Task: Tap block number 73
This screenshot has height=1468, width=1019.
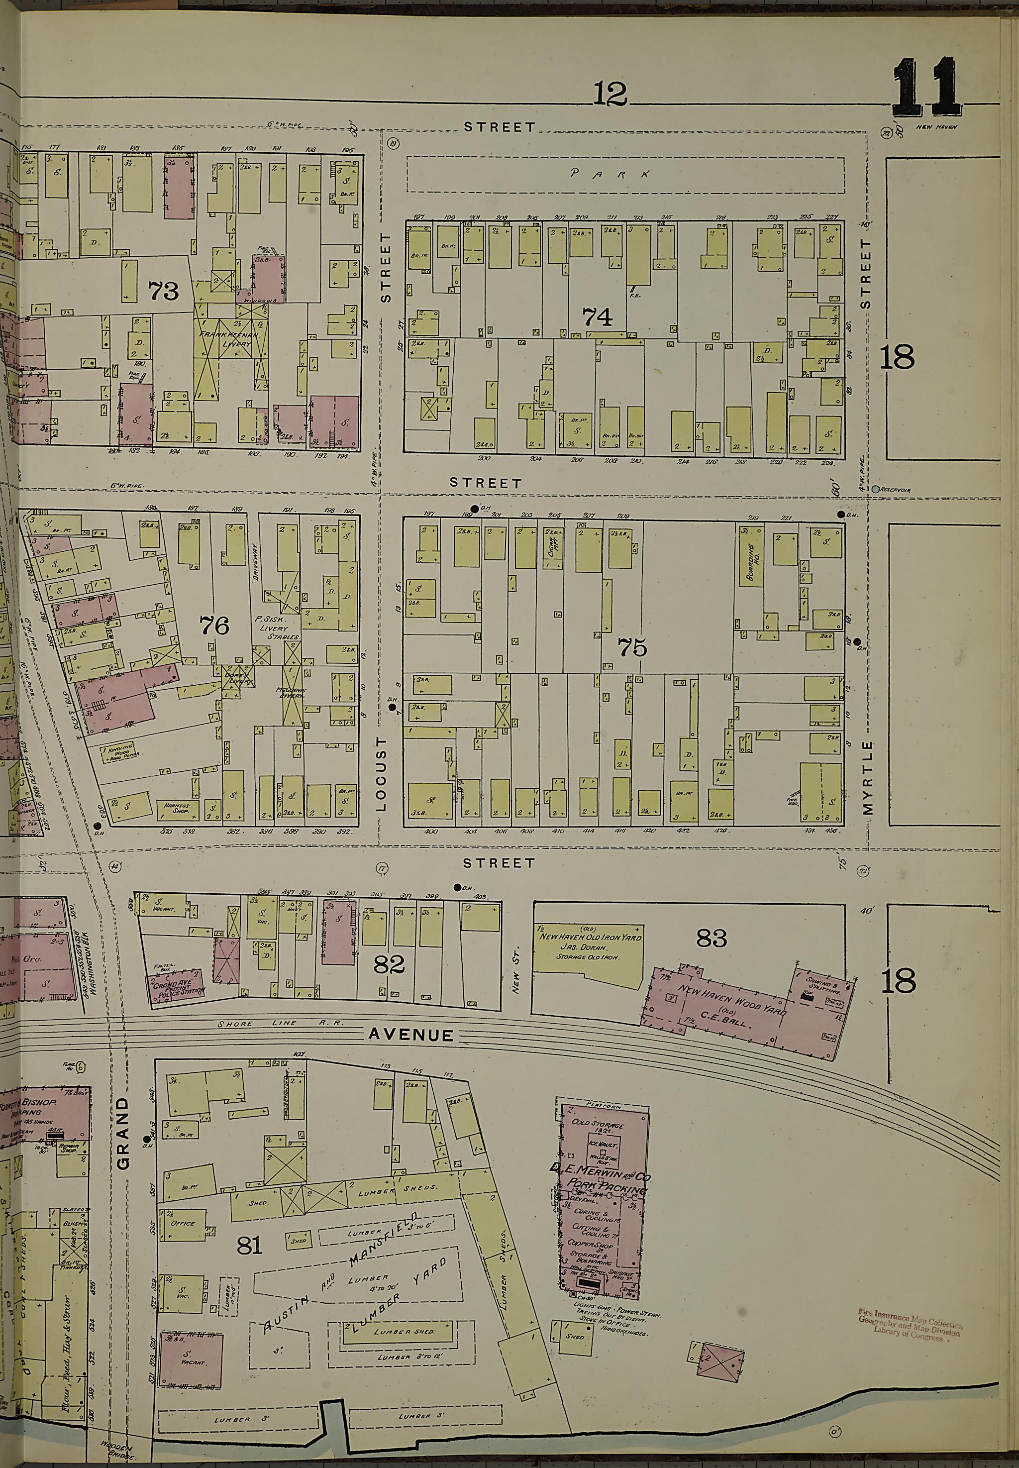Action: coord(164,291)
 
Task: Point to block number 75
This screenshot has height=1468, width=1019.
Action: coord(632,648)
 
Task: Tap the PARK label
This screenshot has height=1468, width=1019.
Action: coord(611,174)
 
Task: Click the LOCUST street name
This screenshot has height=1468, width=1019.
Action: coord(382,773)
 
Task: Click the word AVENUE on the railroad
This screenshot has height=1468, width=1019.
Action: coord(410,1035)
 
